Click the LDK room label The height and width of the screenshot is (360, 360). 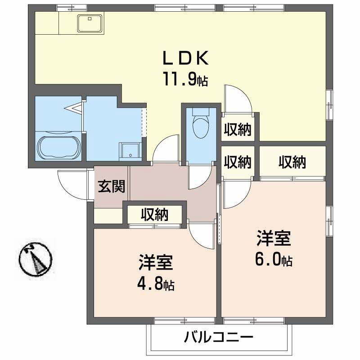point(184,58)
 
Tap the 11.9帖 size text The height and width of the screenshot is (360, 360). point(184,80)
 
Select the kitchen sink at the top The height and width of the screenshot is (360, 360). point(90,23)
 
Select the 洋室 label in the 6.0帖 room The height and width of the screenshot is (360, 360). point(274,239)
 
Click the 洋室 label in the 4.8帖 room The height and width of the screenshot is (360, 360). point(156,262)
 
